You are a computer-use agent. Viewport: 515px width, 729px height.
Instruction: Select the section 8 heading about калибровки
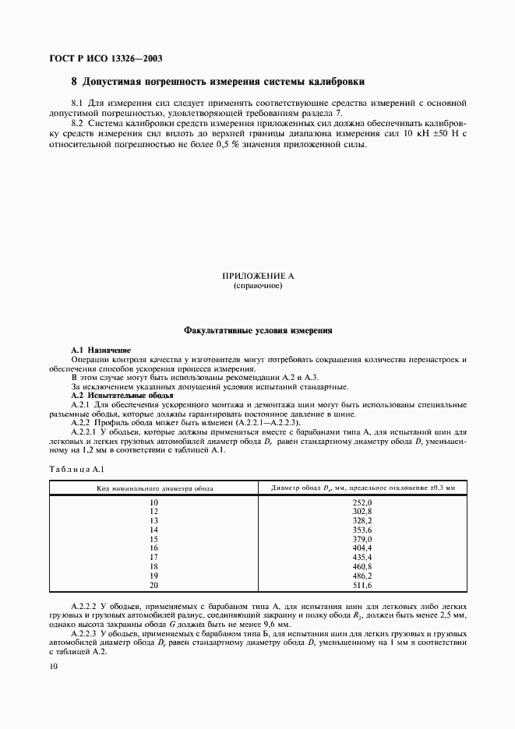[217, 81]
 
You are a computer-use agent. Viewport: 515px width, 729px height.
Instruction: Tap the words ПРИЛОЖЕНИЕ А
[257, 276]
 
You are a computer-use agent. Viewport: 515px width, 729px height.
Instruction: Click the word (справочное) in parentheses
[257, 286]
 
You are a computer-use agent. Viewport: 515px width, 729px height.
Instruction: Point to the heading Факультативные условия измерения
[258, 330]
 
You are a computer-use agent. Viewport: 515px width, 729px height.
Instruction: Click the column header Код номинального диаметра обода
[153, 488]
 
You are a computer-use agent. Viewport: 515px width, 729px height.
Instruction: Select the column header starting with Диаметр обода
[362, 488]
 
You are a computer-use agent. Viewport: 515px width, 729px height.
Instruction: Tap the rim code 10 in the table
[153, 503]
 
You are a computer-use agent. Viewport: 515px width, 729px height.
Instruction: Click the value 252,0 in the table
[363, 503]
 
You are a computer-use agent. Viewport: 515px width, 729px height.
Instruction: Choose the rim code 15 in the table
[153, 538]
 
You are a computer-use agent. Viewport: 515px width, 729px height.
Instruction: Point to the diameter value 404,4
[363, 548]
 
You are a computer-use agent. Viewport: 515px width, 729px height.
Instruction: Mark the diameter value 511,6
[363, 584]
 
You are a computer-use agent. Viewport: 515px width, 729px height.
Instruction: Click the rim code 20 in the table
[153, 584]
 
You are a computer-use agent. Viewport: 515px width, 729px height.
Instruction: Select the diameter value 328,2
[363, 520]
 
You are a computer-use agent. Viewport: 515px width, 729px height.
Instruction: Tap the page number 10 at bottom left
[53, 666]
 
